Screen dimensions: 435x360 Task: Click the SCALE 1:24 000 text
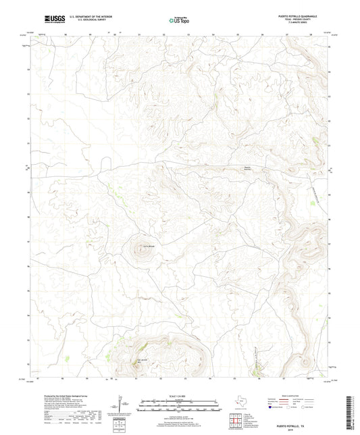(x=179, y=396)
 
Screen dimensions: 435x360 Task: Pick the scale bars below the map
(x=179, y=406)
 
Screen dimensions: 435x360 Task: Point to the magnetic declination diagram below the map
(x=120, y=404)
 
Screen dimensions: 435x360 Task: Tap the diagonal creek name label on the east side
(x=315, y=190)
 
